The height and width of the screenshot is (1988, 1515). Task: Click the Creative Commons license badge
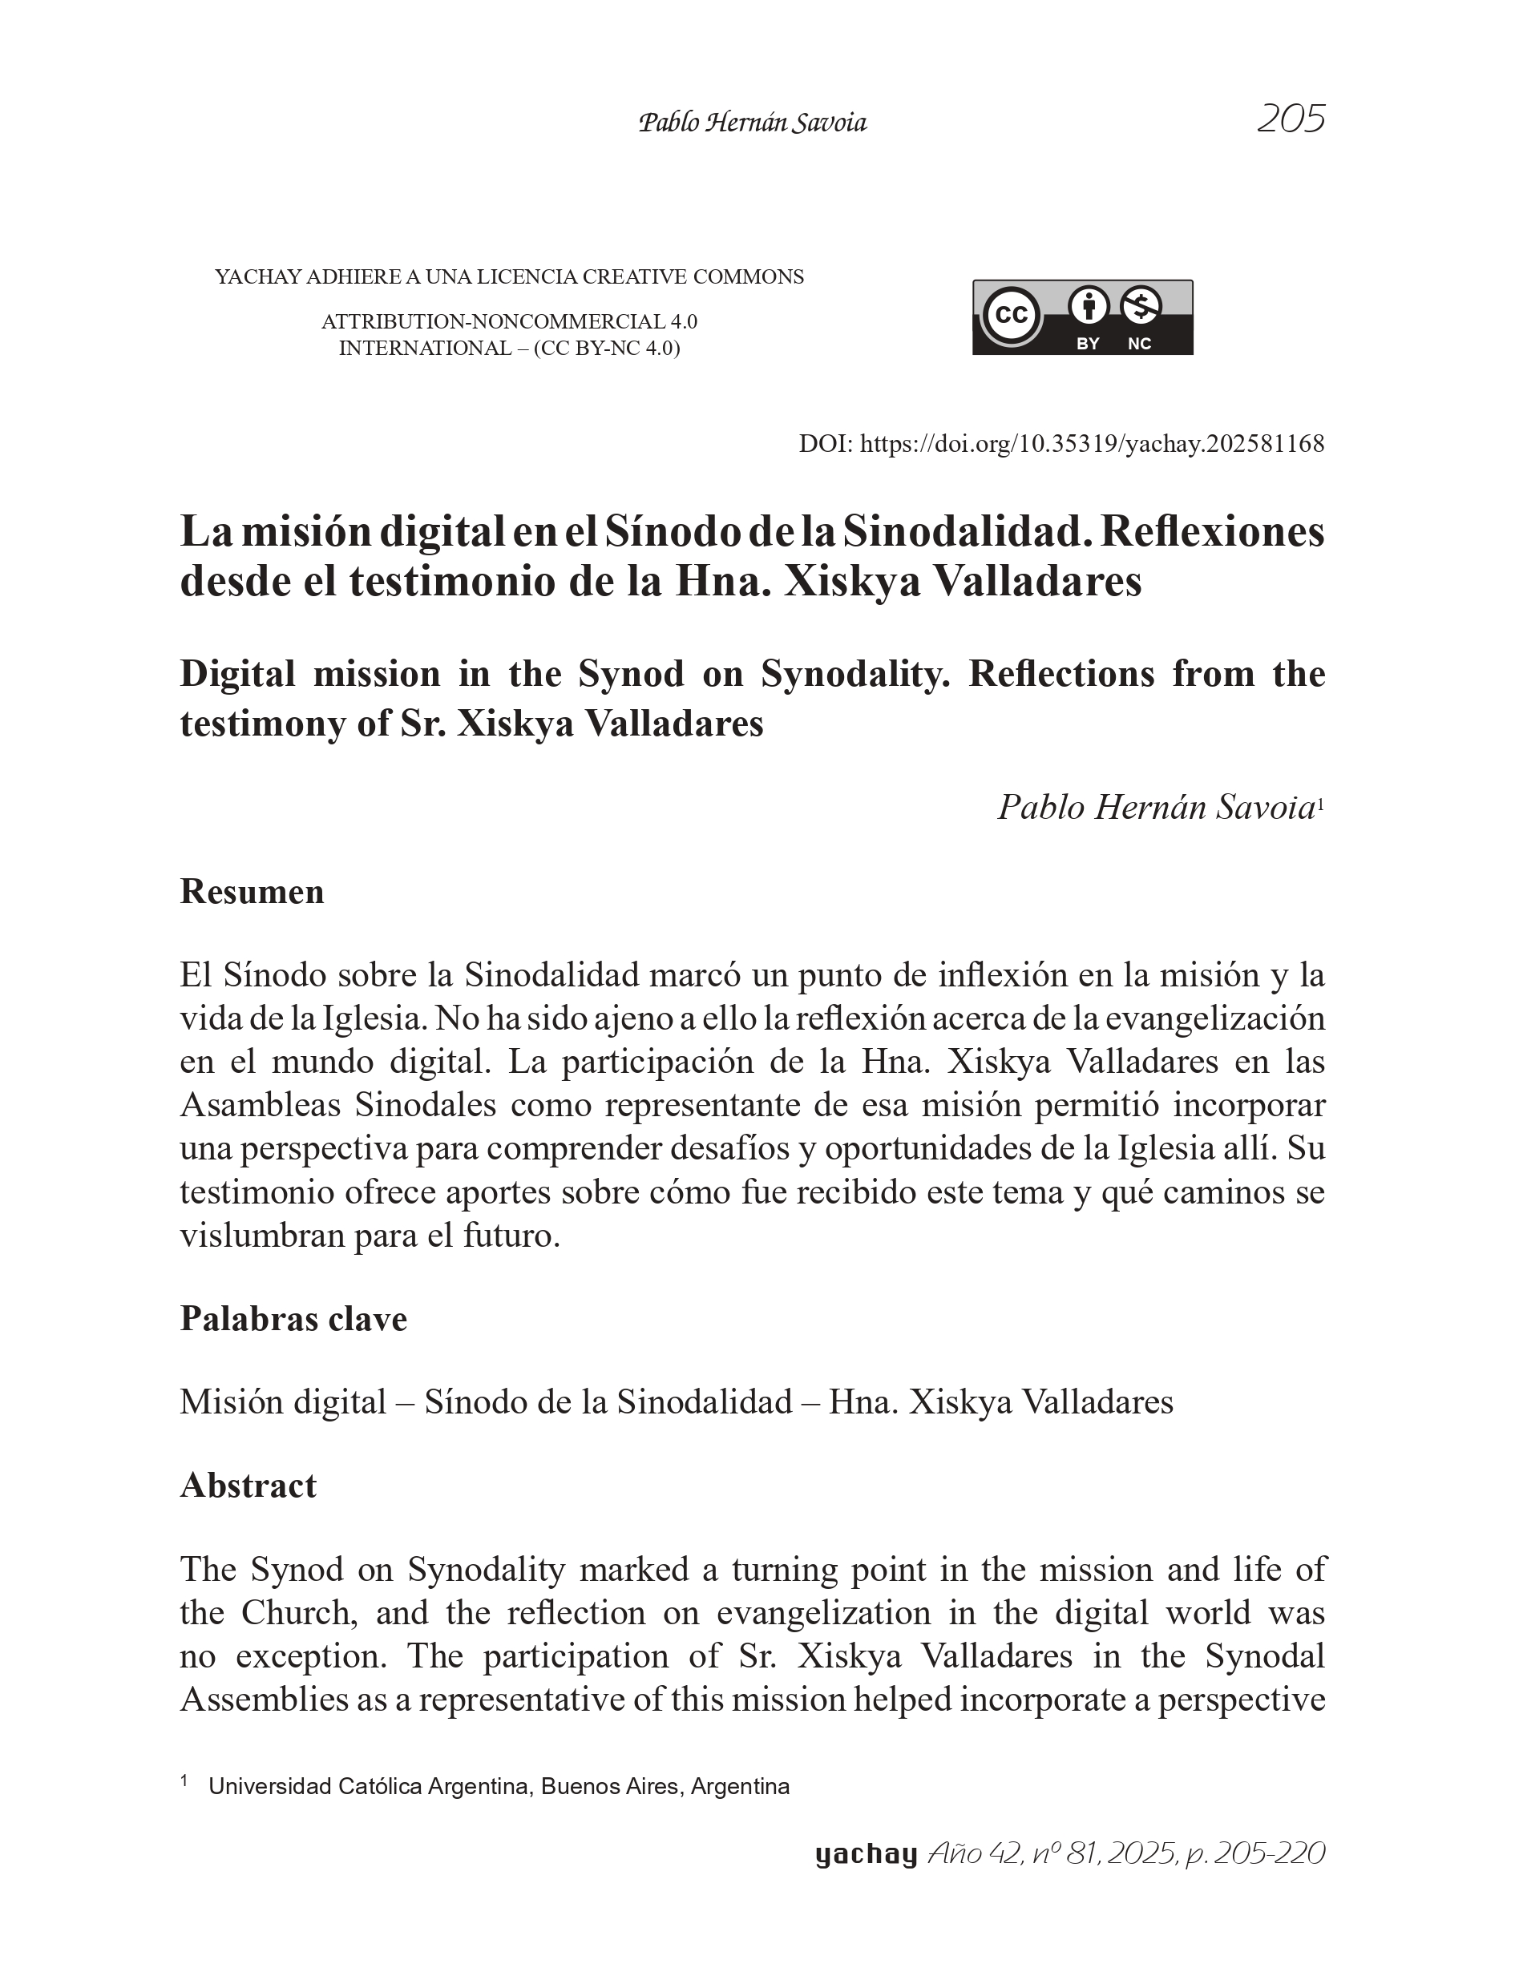(1082, 317)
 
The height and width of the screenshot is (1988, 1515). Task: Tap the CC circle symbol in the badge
(1011, 315)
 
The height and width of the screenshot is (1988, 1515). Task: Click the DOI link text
(1091, 444)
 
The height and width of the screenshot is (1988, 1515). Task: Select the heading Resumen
(252, 891)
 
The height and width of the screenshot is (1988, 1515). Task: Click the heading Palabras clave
(293, 1318)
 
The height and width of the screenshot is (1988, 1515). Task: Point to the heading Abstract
(248, 1485)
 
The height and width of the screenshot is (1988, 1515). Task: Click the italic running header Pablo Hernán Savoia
(752, 123)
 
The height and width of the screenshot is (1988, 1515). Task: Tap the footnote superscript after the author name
(1320, 801)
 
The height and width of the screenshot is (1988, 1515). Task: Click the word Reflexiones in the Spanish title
(1212, 532)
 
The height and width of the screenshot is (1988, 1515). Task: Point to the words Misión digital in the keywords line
(283, 1402)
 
